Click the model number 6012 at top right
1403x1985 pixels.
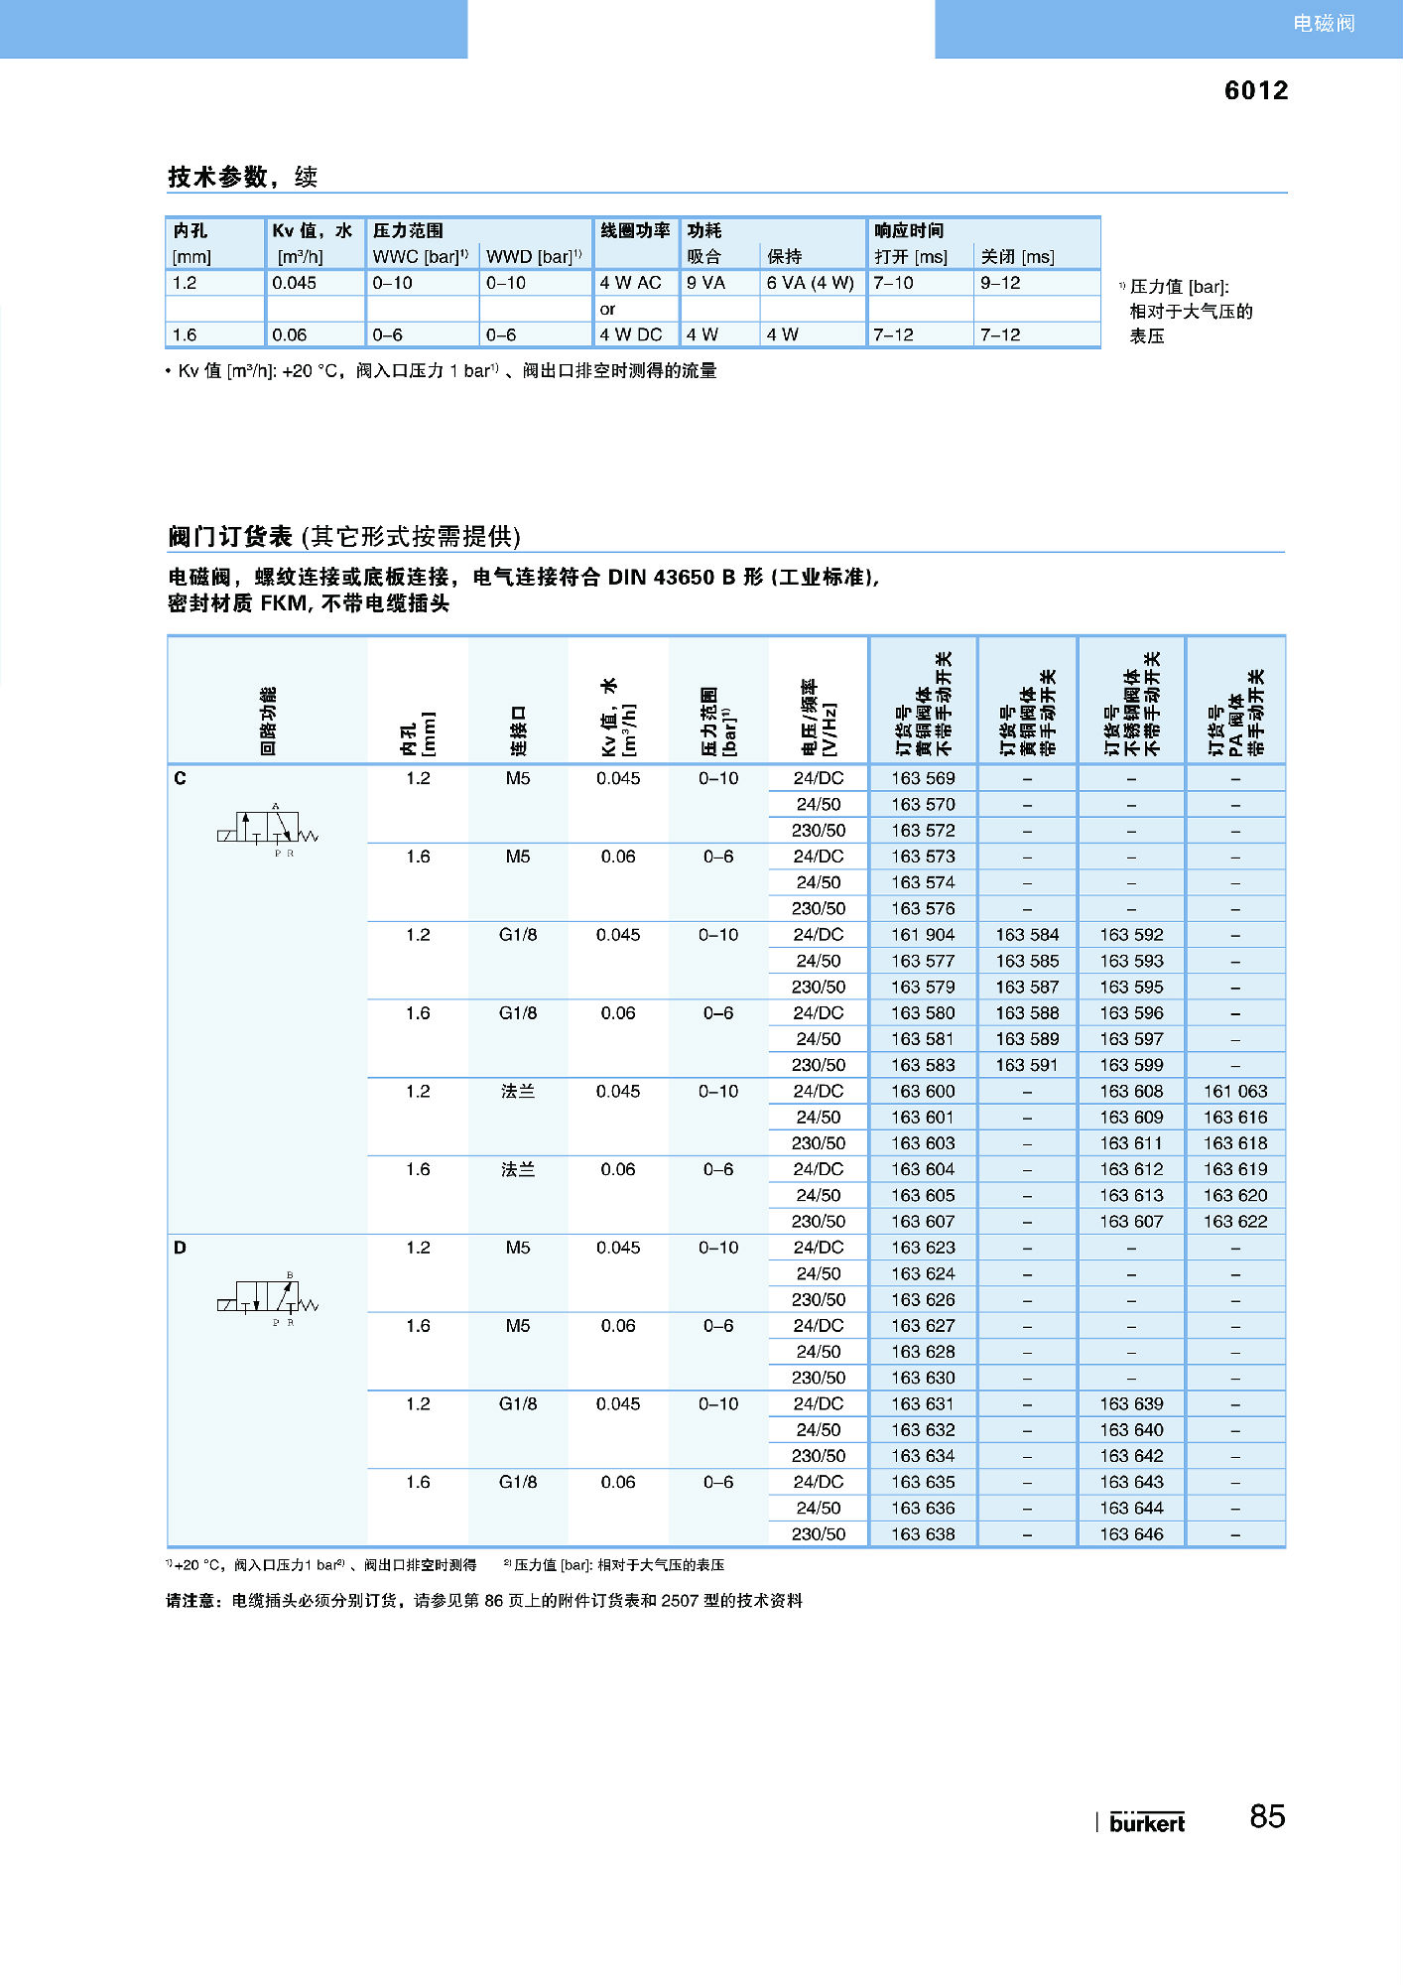tap(1255, 90)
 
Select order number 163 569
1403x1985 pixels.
tap(922, 778)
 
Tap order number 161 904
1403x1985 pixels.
tap(922, 935)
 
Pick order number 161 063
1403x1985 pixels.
tap(1235, 1091)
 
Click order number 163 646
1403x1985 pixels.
tap(1131, 1533)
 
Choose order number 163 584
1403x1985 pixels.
tap(1027, 935)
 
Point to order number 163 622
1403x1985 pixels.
tap(1235, 1222)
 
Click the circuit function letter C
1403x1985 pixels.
tap(180, 778)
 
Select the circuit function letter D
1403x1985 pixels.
tap(180, 1248)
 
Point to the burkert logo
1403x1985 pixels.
tap(1147, 1822)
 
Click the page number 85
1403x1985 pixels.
tap(1267, 1816)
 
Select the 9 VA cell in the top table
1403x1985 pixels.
tap(705, 283)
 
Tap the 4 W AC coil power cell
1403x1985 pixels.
tap(630, 283)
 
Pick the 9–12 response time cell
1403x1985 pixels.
tap(1000, 283)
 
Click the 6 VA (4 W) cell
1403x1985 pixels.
tap(810, 283)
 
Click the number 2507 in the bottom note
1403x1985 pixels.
tap(681, 1601)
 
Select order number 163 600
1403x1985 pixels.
tap(922, 1091)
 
